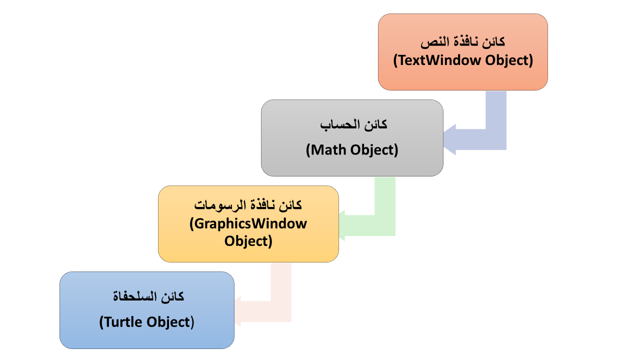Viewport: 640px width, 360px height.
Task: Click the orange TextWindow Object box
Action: point(463,52)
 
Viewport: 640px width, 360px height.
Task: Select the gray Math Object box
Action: point(352,138)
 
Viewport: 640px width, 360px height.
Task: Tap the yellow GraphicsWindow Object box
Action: point(248,224)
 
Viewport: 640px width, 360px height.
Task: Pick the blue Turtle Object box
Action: point(147,310)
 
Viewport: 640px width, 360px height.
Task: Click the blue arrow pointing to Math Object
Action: point(496,139)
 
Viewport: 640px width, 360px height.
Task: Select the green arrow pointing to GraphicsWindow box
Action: point(385,225)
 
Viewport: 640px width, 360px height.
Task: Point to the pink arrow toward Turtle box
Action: point(281,311)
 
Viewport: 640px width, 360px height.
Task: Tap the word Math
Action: point(328,150)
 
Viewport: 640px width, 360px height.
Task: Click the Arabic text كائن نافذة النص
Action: point(463,42)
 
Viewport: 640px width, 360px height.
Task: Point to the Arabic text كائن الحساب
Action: point(353,125)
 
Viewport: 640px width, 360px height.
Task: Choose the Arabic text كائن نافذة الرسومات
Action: point(248,205)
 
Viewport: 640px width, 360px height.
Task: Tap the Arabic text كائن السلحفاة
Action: point(148,296)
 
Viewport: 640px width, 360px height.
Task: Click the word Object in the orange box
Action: point(506,60)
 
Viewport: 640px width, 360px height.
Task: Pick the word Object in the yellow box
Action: point(245,241)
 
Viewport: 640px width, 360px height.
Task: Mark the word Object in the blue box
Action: point(168,322)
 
